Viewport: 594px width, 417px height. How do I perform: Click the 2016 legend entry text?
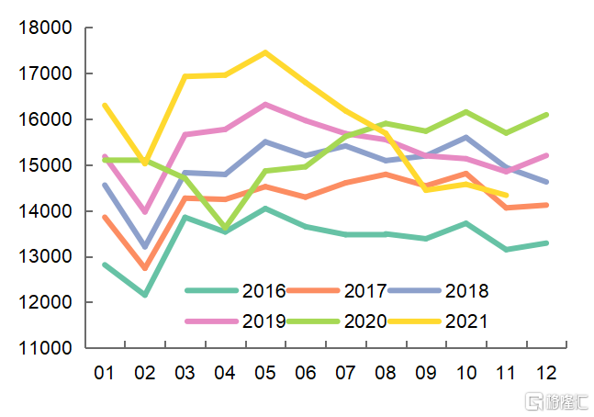coord(264,291)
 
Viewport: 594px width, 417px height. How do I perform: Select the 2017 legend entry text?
coord(365,291)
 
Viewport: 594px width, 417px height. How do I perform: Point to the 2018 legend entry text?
coord(466,291)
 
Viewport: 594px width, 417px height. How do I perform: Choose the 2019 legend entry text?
coord(264,321)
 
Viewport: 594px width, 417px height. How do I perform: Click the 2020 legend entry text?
coord(365,321)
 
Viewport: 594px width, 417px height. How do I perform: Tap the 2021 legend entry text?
coord(466,321)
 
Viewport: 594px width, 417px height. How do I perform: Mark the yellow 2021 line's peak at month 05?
coord(265,52)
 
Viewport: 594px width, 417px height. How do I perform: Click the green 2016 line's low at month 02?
coord(145,295)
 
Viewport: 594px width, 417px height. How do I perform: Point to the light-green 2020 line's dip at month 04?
coord(225,228)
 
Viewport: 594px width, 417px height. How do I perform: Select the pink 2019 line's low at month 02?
coord(145,211)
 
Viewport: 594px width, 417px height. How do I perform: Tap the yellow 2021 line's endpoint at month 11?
coord(507,195)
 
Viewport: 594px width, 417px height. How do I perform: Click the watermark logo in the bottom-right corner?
coord(552,400)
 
